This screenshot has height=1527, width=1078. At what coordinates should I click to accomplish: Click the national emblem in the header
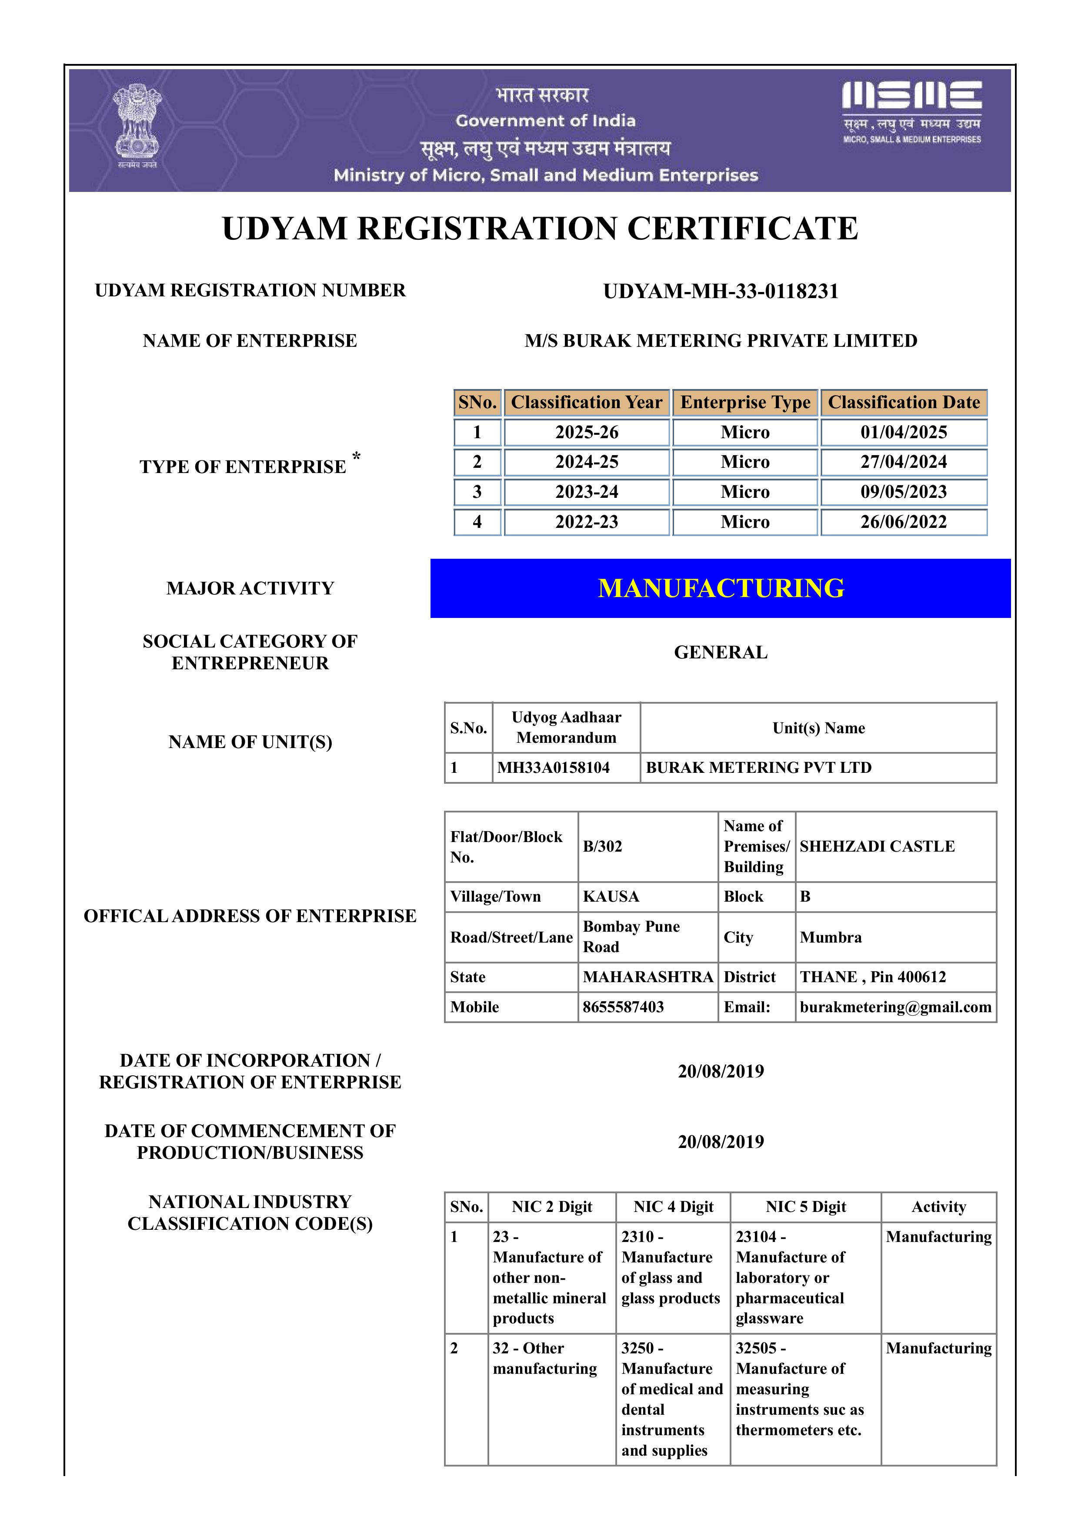[x=137, y=124]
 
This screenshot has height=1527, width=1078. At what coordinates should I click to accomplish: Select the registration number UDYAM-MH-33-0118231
[x=721, y=291]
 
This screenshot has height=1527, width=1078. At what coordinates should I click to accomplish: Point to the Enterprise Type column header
[x=745, y=403]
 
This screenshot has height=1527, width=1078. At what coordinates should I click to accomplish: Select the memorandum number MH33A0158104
[x=553, y=768]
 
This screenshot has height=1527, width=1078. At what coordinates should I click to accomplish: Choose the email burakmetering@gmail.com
[x=895, y=1007]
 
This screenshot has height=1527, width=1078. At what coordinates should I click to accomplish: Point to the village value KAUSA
[x=611, y=896]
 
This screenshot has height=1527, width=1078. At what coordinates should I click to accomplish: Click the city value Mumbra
[x=830, y=937]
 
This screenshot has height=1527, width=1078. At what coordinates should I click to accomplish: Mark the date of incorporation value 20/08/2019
[x=721, y=1071]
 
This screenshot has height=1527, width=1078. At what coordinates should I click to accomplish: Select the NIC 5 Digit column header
[x=805, y=1207]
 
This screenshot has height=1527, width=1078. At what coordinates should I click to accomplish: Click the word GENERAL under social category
[x=721, y=652]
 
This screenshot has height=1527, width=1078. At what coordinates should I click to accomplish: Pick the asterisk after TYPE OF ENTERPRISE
[x=356, y=457]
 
